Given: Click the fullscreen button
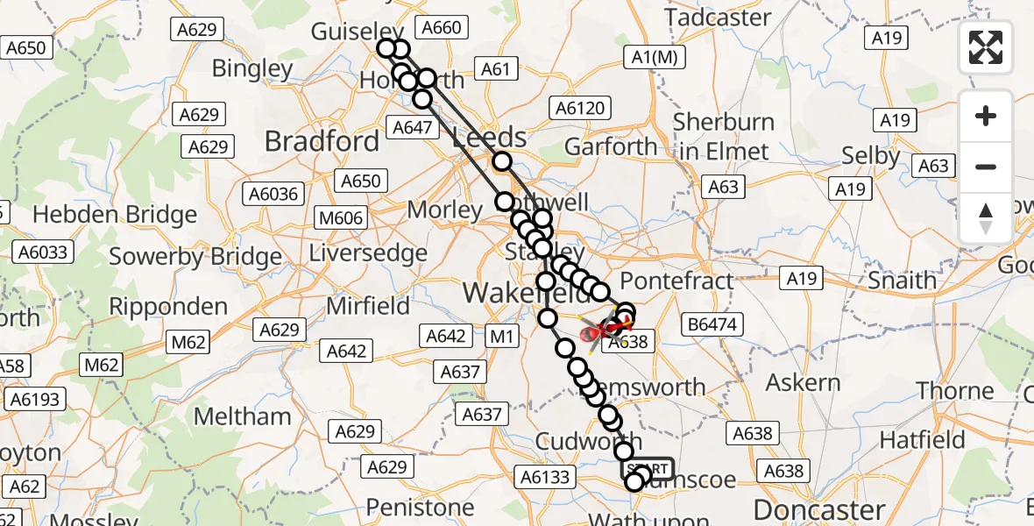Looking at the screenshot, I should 986,47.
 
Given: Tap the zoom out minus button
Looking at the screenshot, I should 986,167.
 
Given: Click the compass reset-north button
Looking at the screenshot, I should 986,218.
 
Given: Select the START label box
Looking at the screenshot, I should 648,468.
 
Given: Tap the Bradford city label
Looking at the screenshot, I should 322,141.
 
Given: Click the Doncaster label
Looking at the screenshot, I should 819,509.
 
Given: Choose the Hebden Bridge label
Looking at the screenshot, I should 115,215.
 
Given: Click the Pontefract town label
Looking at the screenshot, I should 676,281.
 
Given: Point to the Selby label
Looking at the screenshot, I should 870,156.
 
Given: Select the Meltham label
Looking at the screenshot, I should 243,416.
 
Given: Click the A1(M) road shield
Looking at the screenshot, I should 655,58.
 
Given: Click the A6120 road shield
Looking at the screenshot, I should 579,108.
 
